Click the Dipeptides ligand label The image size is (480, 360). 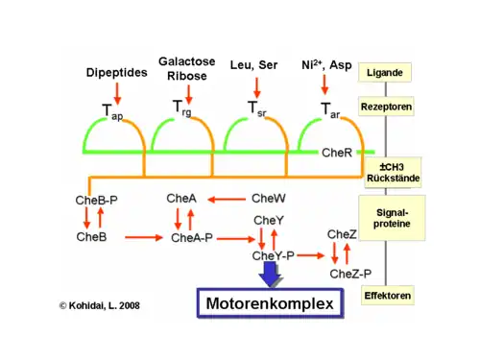click(x=115, y=71)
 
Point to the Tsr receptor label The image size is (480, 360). click(x=256, y=108)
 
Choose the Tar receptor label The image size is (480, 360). click(x=327, y=108)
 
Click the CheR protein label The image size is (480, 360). click(x=337, y=152)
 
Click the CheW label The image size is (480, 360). click(x=268, y=199)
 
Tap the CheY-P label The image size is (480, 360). click(x=273, y=256)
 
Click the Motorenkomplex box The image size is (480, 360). click(x=271, y=304)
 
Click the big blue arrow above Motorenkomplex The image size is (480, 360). click(x=272, y=274)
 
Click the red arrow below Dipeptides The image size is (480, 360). click(x=116, y=93)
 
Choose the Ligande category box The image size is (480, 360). click(x=386, y=72)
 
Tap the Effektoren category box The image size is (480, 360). click(x=387, y=297)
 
